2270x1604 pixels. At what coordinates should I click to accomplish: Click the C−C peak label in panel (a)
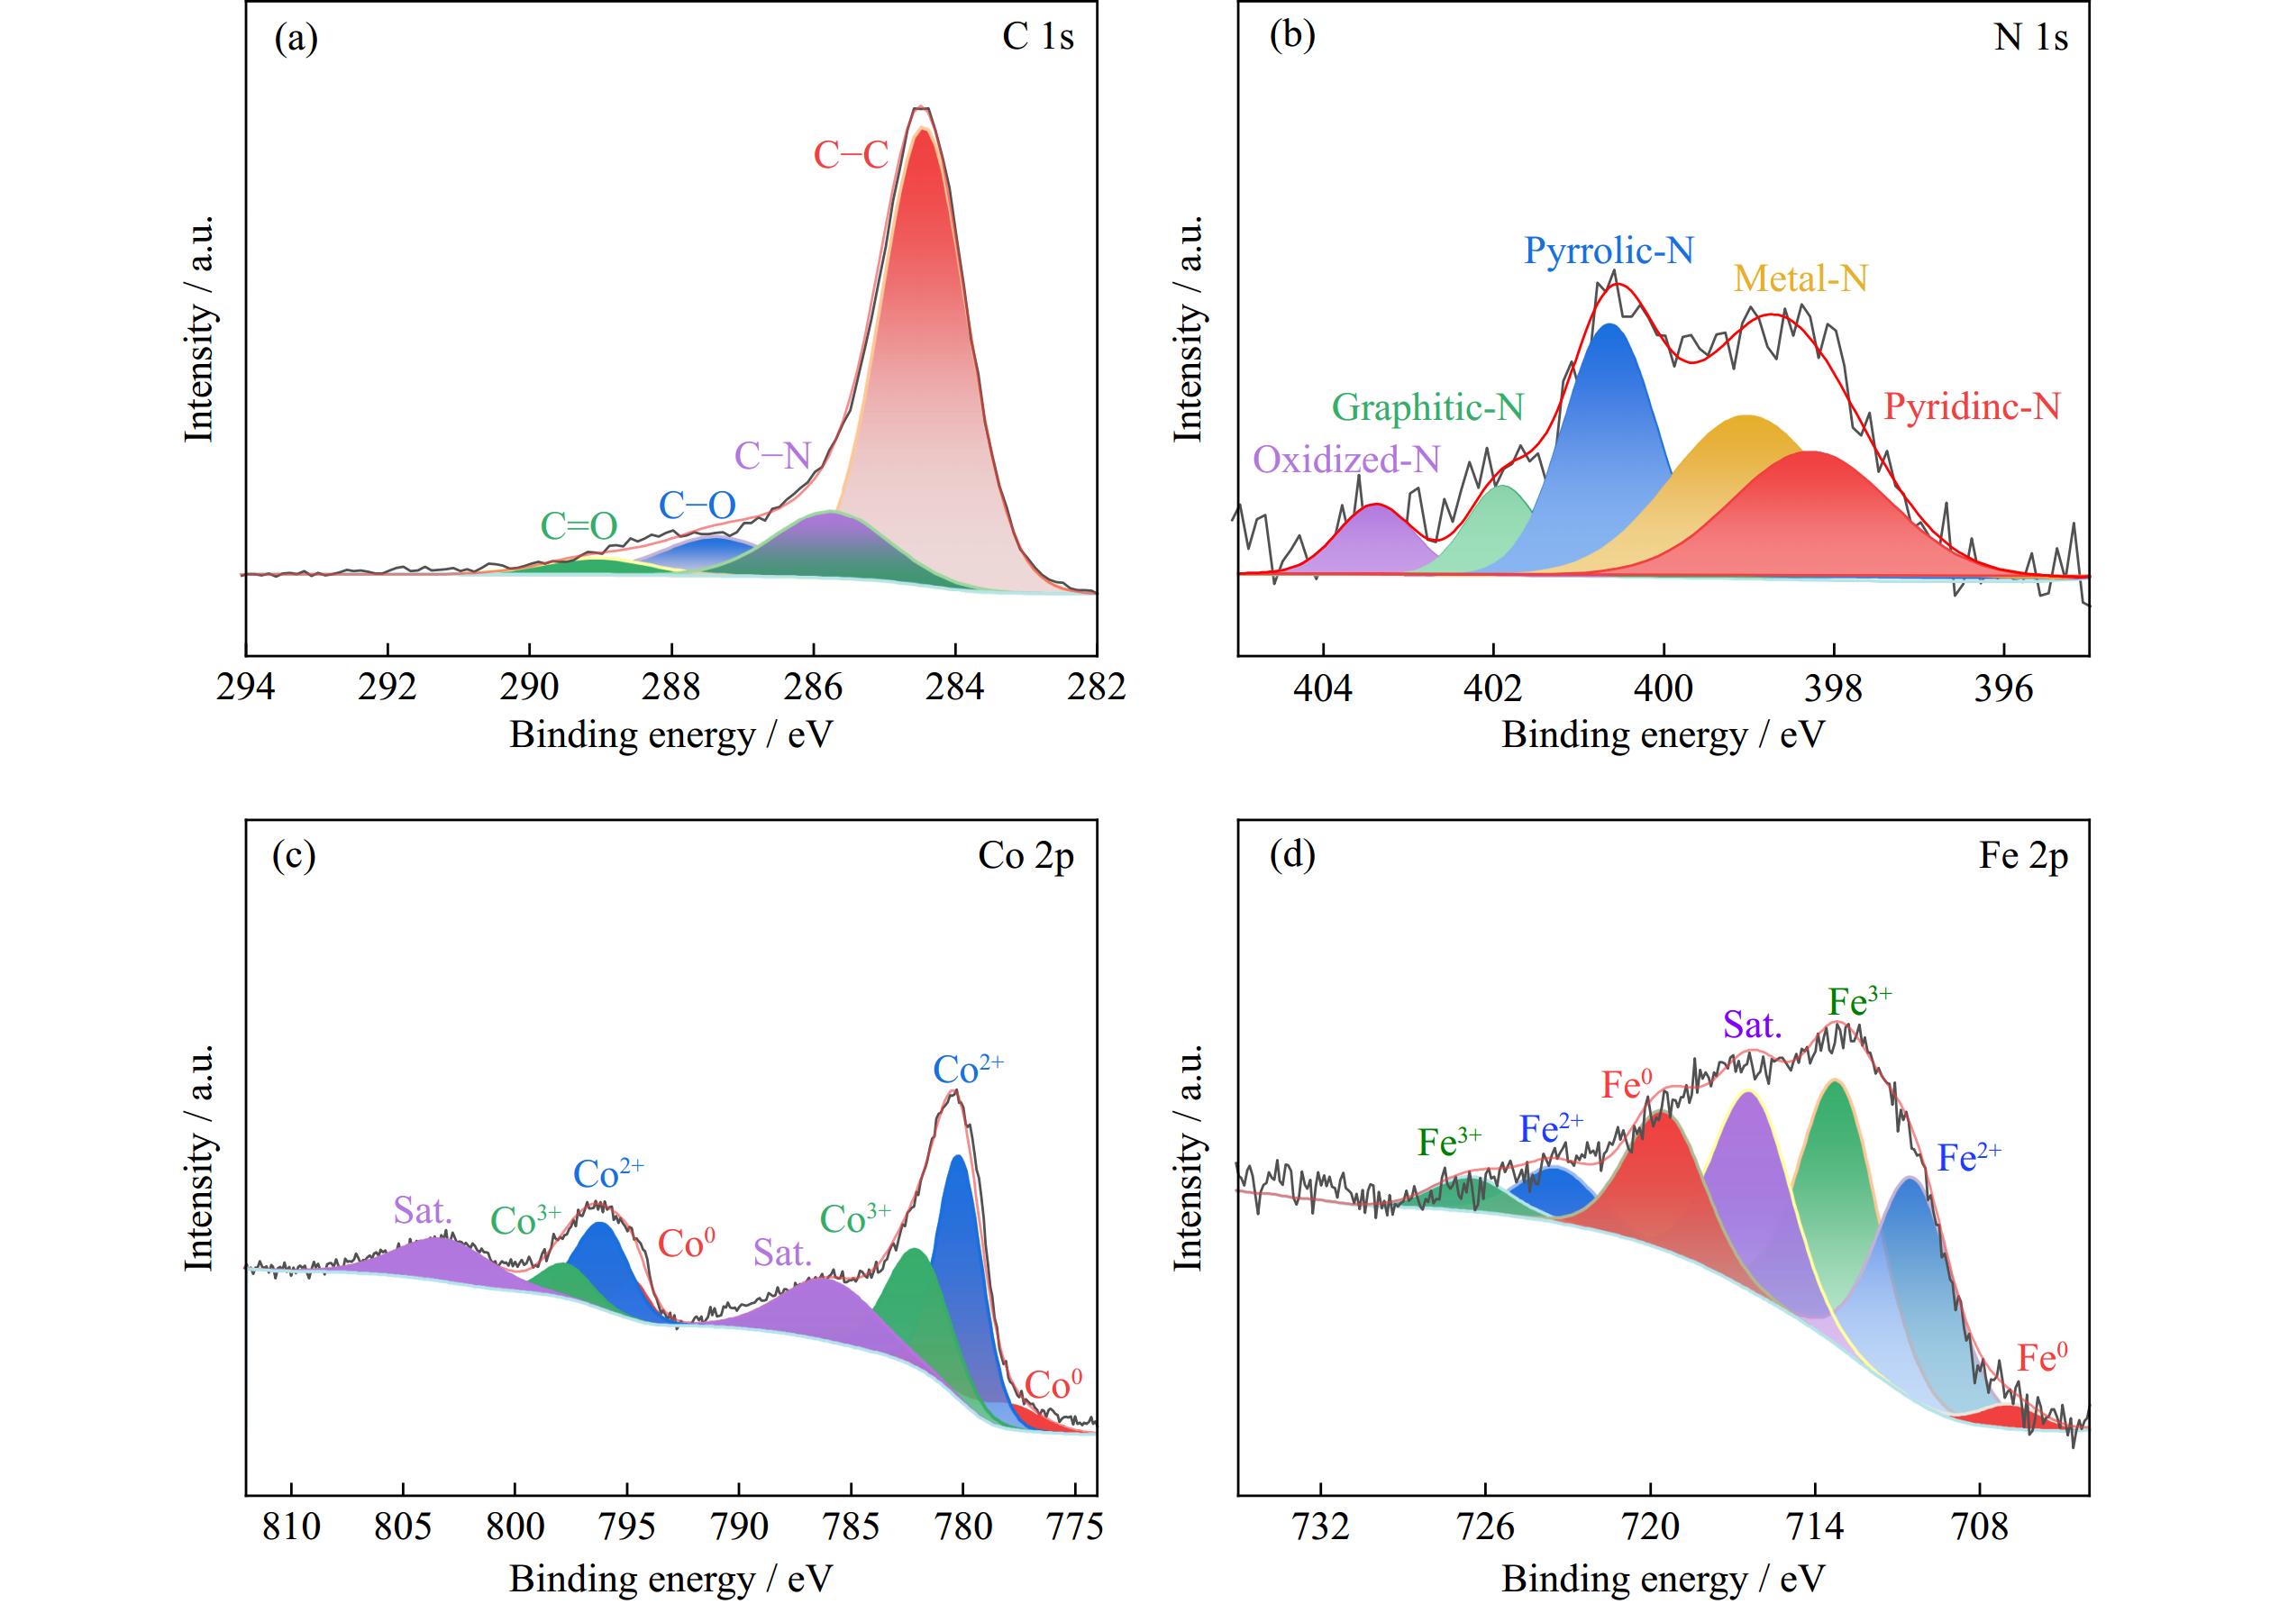tap(851, 156)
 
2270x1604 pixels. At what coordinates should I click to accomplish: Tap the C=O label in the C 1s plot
tap(579, 526)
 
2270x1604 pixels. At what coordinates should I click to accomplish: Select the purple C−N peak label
tap(772, 456)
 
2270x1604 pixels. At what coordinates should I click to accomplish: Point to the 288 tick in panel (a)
tap(671, 688)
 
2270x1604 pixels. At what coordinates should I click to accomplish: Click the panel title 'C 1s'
tap(1037, 38)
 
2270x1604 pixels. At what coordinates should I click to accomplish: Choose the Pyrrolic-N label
tap(1609, 251)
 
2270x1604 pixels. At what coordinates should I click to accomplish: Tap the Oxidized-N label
tap(1346, 460)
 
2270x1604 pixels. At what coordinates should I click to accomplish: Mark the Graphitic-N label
tap(1427, 407)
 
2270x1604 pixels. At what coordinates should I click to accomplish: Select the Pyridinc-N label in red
tap(1972, 406)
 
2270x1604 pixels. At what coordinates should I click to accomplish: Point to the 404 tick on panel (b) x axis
tap(1323, 688)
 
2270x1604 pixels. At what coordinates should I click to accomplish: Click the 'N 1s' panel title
tap(2030, 38)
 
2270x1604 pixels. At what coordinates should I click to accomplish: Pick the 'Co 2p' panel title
tap(1026, 856)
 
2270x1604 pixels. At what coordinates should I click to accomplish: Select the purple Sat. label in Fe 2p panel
tap(1752, 1025)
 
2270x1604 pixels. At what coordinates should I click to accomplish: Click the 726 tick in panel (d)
tap(1485, 1527)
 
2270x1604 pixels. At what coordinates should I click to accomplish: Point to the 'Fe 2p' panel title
tap(2023, 856)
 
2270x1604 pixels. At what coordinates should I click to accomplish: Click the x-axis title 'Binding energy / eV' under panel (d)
tap(1663, 1580)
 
